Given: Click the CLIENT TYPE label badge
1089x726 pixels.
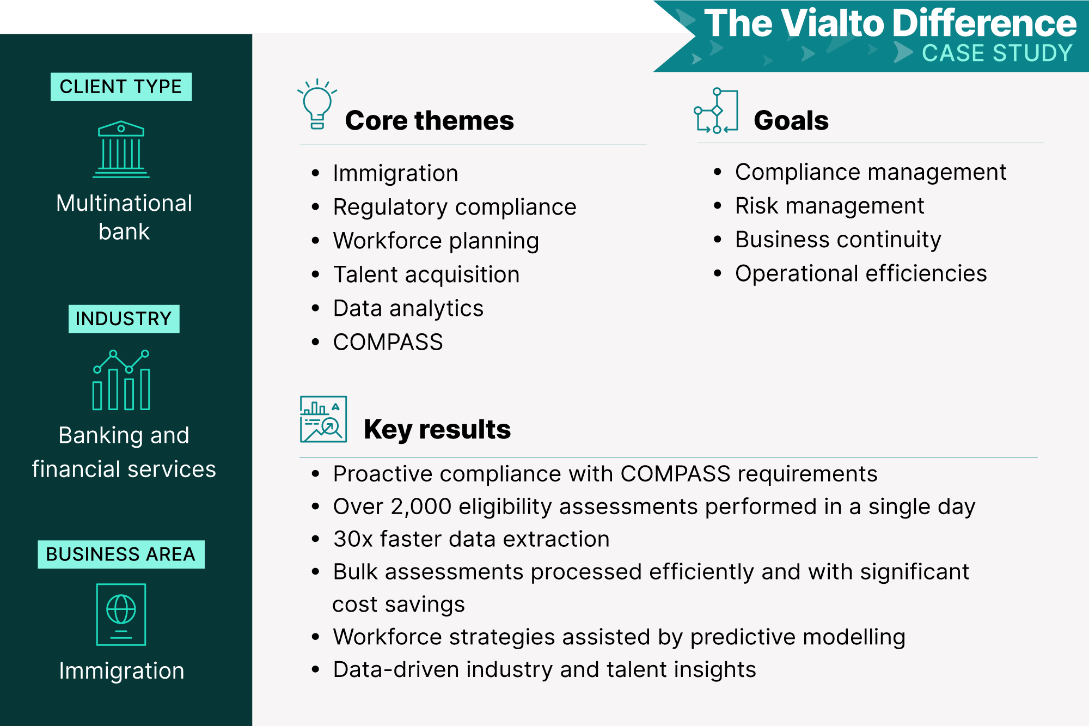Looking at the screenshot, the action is pyautogui.click(x=121, y=87).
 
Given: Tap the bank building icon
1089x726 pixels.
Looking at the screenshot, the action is pyautogui.click(x=121, y=149).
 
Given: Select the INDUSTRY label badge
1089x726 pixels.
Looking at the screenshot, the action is pyautogui.click(x=124, y=319).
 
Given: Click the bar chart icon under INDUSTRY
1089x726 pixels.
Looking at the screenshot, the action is pyautogui.click(x=121, y=380).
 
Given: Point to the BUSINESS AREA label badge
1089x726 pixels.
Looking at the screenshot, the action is pyautogui.click(x=121, y=554).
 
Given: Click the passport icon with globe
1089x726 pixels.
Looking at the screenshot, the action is pyautogui.click(x=121, y=614).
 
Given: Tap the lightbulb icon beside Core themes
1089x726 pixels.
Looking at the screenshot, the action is pyautogui.click(x=317, y=103).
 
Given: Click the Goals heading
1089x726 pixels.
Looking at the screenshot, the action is pyautogui.click(x=791, y=120).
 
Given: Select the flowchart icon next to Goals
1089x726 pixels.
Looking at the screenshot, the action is pyautogui.click(x=716, y=111).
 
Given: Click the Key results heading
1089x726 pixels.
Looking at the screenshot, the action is pyautogui.click(x=437, y=430).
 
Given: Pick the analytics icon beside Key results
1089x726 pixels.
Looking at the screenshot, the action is pyautogui.click(x=323, y=419).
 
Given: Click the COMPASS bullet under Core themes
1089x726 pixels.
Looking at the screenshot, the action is pyautogui.click(x=388, y=342).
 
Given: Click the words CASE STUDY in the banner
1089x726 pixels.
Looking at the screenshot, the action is pyautogui.click(x=997, y=53).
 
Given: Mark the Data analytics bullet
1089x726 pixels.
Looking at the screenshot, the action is pyautogui.click(x=408, y=309).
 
